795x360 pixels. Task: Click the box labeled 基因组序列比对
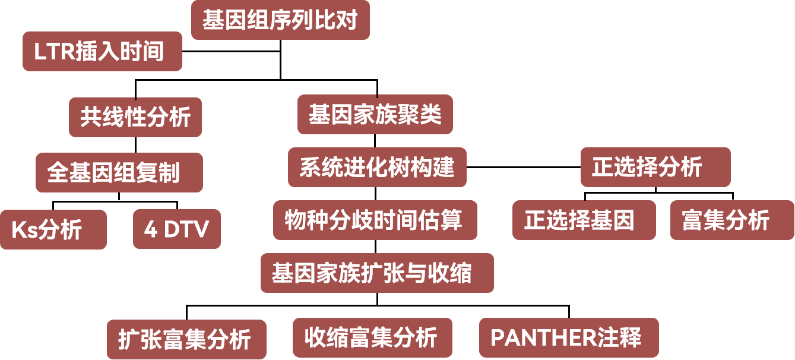click(x=280, y=20)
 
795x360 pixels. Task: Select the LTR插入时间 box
click(x=102, y=52)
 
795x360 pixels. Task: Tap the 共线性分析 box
click(x=135, y=117)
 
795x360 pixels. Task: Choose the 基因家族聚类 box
click(x=375, y=114)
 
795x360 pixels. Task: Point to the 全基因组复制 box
click(x=119, y=172)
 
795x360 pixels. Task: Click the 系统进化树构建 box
click(x=377, y=167)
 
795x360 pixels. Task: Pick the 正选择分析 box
click(x=655, y=167)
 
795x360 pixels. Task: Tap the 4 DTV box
click(x=176, y=229)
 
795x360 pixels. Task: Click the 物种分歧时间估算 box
click(x=375, y=220)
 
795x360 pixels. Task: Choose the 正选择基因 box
click(x=584, y=220)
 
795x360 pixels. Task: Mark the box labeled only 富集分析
click(x=731, y=220)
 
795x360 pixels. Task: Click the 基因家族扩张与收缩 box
click(x=377, y=273)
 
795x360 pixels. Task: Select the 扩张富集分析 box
click(x=186, y=340)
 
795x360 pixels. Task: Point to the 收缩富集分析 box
click(x=372, y=337)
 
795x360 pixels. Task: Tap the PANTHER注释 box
click(x=568, y=337)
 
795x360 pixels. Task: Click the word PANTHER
click(x=541, y=338)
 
